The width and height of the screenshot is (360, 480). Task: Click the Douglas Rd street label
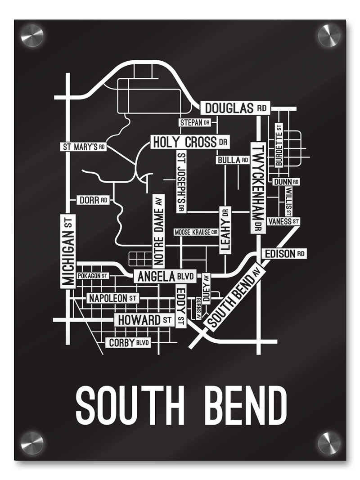[x=235, y=108]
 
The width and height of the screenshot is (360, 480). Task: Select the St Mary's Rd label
[x=84, y=147]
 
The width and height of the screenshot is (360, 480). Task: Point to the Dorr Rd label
[x=93, y=200]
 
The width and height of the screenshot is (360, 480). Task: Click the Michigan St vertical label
[x=68, y=251]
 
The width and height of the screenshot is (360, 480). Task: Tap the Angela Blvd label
[x=165, y=277]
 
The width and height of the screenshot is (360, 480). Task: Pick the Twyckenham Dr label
[x=258, y=188]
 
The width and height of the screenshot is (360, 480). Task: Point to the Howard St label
[x=144, y=320]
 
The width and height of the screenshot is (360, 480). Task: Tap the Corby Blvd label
[x=128, y=343]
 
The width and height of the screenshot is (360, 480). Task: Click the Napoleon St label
[x=113, y=298]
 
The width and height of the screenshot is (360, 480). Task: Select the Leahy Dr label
[x=225, y=230]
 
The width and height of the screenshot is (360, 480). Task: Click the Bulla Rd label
[x=233, y=160]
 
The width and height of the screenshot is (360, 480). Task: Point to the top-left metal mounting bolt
[x=32, y=35]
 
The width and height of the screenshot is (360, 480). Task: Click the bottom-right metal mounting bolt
[x=329, y=443]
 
